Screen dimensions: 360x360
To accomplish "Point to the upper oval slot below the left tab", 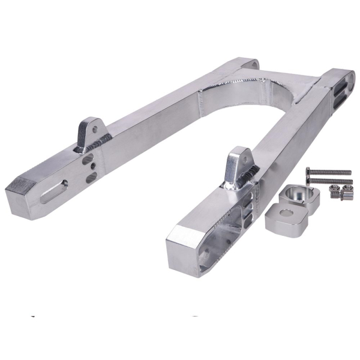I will click(x=88, y=160).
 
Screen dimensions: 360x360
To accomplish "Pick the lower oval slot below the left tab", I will click(x=91, y=178).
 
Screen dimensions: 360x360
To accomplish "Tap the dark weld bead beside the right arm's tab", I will click(x=248, y=175).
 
